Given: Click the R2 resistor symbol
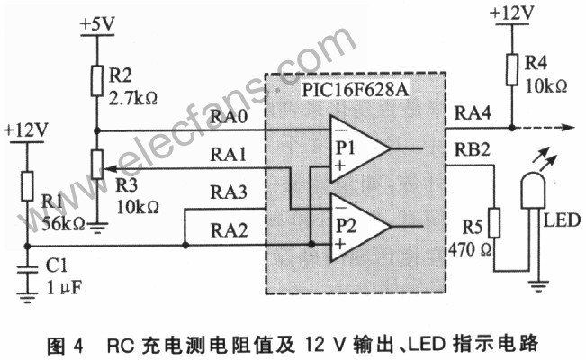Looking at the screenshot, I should click(x=96, y=82).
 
